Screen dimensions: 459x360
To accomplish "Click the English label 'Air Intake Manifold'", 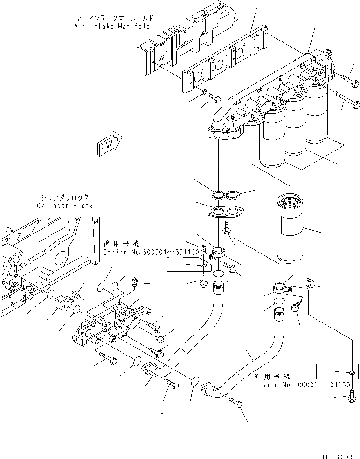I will pyautogui.click(x=112, y=27).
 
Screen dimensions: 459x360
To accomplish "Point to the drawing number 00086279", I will pyautogui.click(x=334, y=452).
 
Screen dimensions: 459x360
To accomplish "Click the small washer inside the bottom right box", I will pyautogui.click(x=351, y=372).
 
